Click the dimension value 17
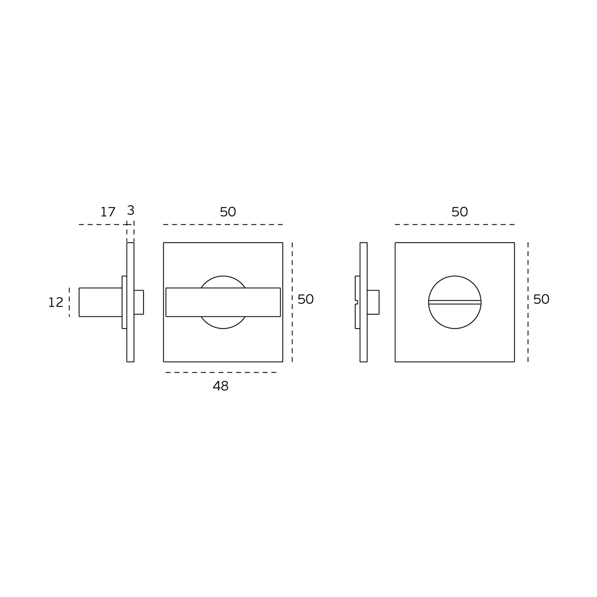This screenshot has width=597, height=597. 108,212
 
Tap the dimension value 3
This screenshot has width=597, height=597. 131,210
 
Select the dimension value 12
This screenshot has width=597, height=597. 56,302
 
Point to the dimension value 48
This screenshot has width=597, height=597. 221,386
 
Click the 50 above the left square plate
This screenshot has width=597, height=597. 228,212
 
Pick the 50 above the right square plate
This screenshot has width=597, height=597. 460,212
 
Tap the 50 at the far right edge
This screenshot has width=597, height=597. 541,299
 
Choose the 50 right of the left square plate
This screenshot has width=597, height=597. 305,299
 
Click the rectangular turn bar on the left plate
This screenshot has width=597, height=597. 223,302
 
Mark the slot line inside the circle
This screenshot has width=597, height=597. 455,302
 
